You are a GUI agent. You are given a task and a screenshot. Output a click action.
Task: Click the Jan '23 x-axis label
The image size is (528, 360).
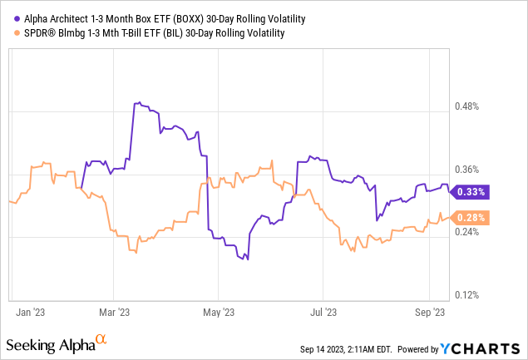pyautogui.click(x=31, y=313)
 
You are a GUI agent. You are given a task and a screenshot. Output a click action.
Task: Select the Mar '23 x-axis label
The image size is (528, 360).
pyautogui.click(x=114, y=313)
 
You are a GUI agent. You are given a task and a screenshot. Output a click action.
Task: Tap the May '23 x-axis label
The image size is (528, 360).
pyautogui.click(x=218, y=313)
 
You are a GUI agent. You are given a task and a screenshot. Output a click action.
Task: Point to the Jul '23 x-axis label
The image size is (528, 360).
pyautogui.click(x=323, y=313)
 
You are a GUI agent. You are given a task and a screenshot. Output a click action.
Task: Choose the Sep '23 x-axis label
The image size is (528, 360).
pyautogui.click(x=428, y=313)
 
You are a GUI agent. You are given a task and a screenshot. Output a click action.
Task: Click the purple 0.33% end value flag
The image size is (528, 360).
pyautogui.click(x=470, y=191)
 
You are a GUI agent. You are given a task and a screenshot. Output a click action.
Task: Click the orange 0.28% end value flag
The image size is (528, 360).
pyautogui.click(x=470, y=218)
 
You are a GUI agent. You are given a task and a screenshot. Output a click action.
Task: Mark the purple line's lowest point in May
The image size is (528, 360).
pyautogui.click(x=248, y=260)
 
